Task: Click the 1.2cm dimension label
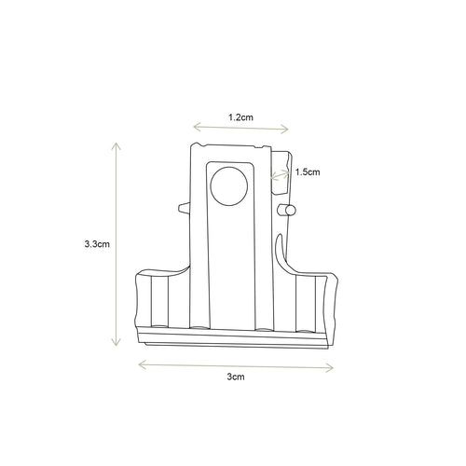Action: [240, 118]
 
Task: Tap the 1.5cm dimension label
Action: [308, 171]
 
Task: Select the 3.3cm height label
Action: [98, 244]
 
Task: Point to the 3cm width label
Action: [236, 377]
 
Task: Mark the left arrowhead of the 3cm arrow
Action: [141, 363]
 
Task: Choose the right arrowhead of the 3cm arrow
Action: [333, 364]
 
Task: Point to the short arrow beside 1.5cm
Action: [279, 173]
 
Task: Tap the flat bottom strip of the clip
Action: [233, 337]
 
